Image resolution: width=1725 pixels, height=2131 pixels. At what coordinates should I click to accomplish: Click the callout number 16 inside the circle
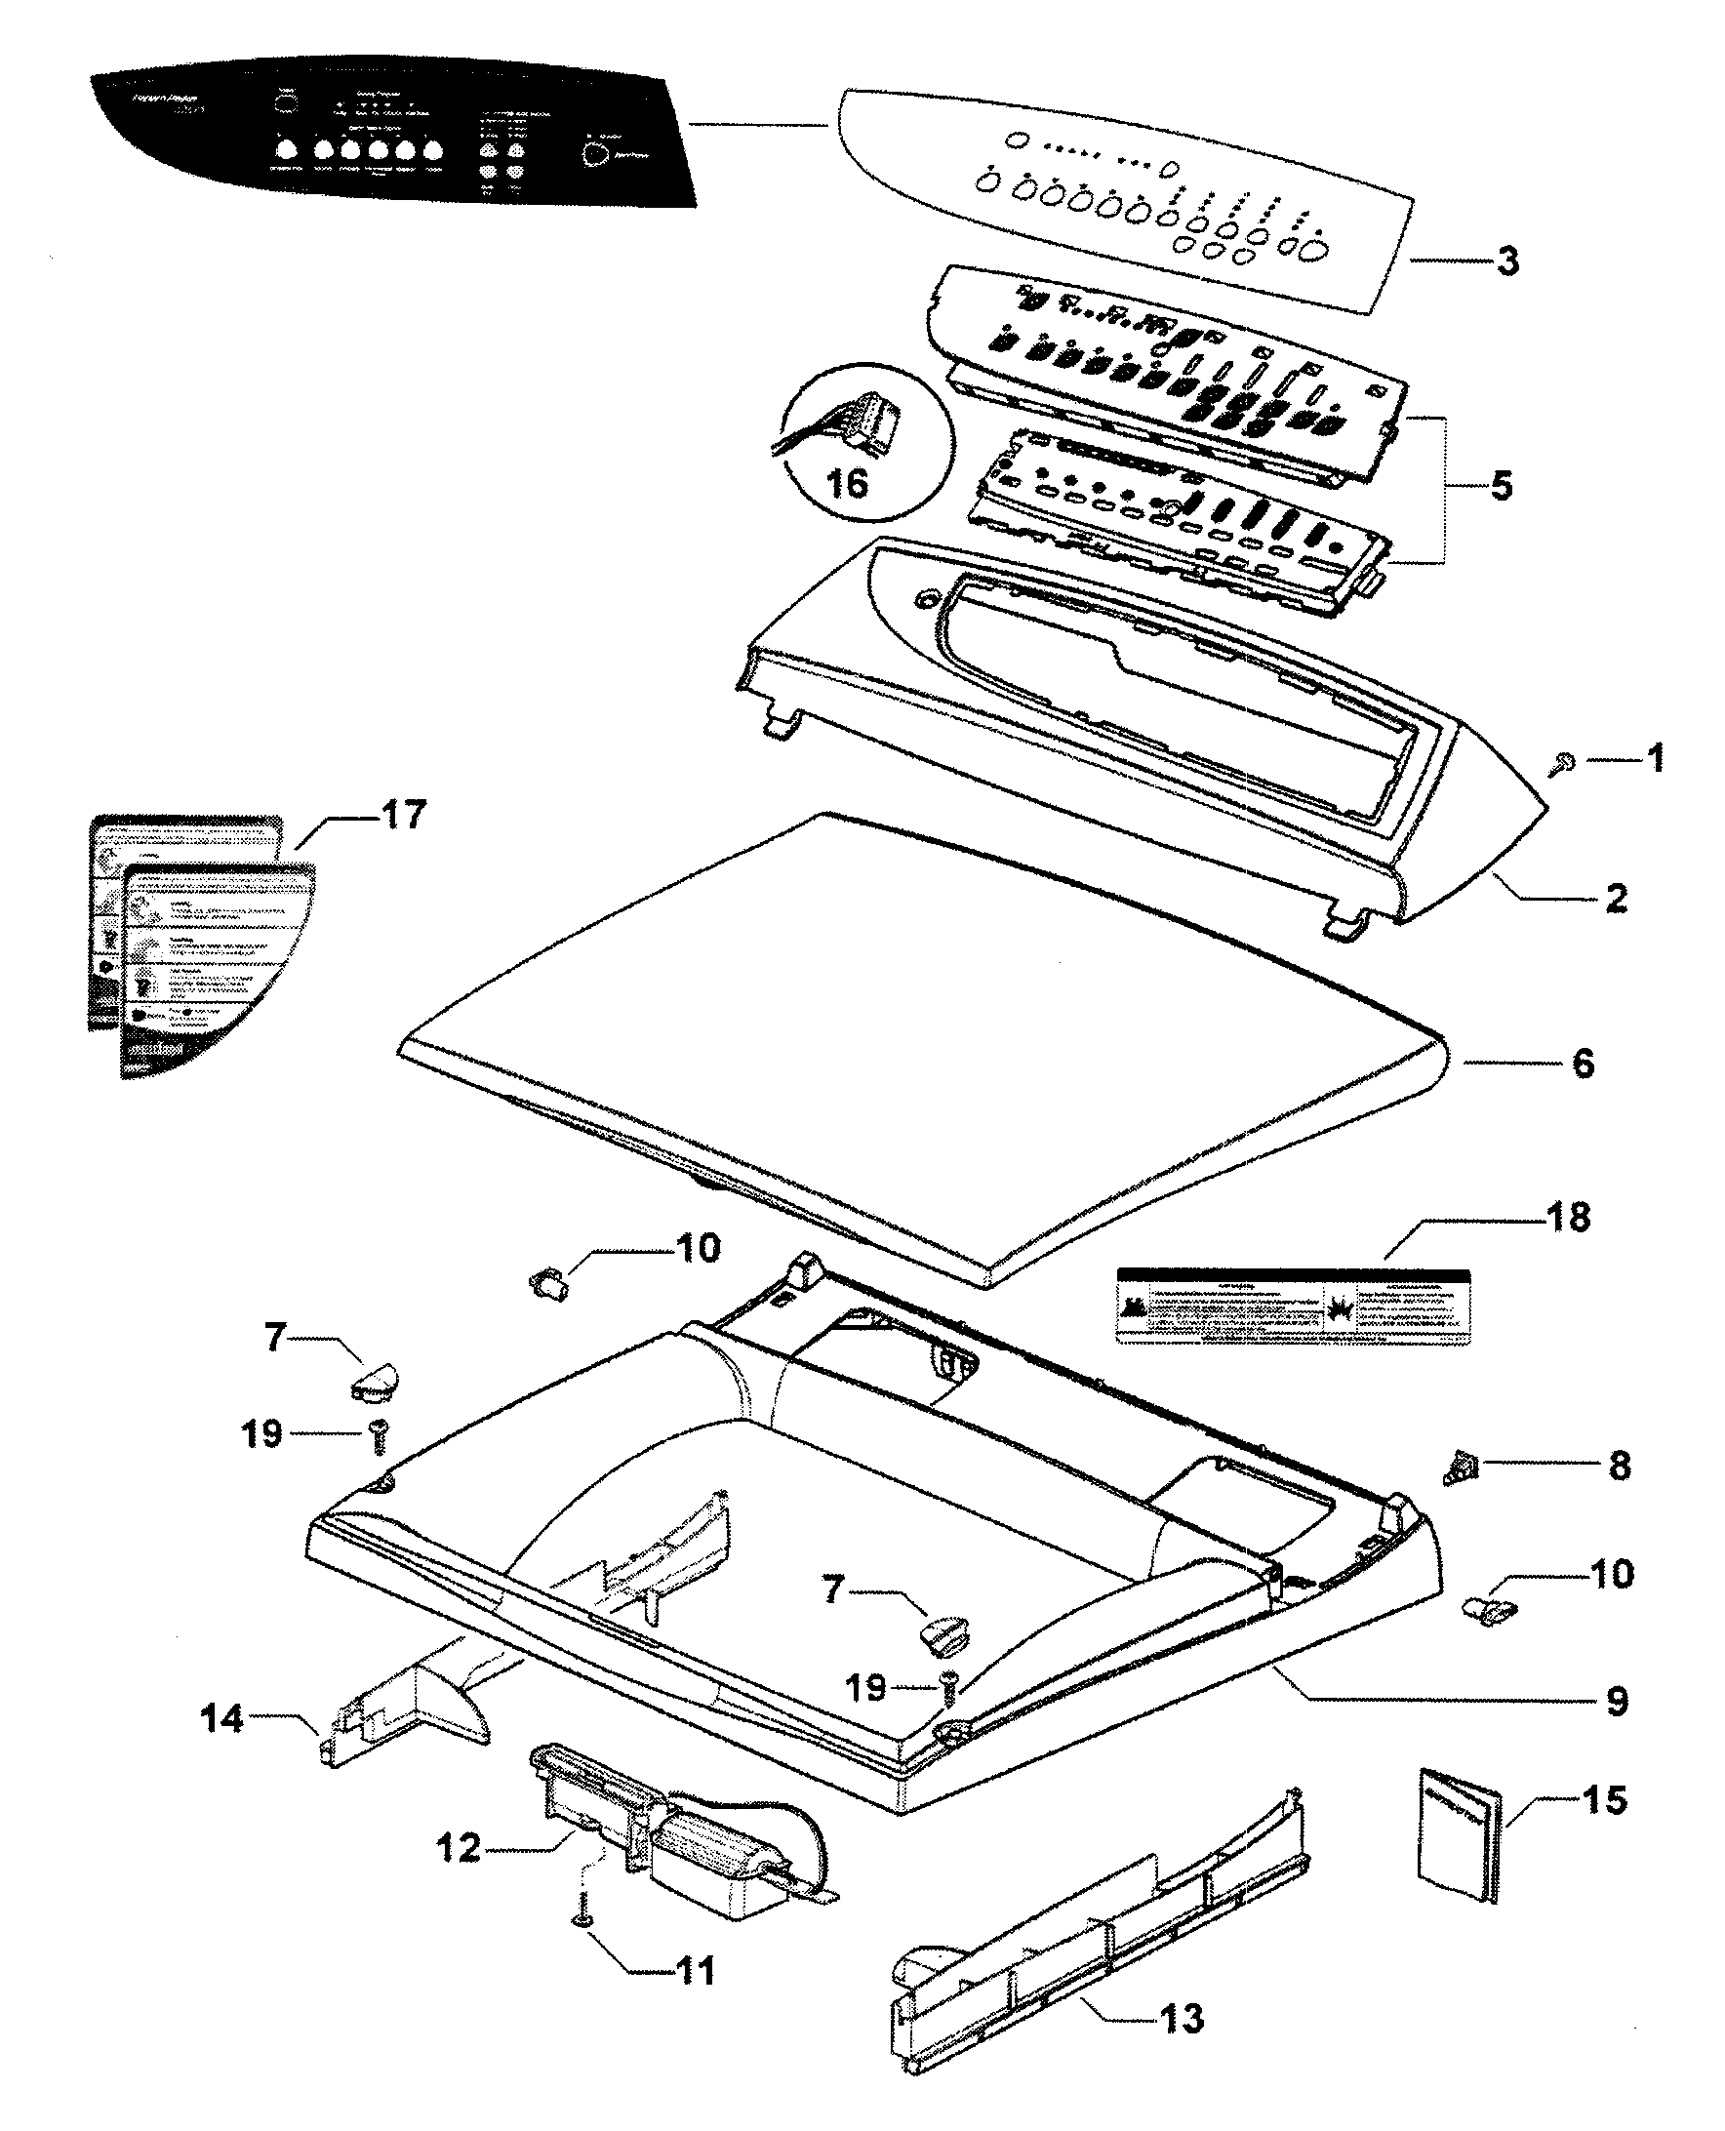tap(848, 485)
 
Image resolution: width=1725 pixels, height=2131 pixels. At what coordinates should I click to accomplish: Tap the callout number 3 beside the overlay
tap(1507, 261)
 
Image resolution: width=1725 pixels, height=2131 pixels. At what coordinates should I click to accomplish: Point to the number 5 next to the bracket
tap(1502, 486)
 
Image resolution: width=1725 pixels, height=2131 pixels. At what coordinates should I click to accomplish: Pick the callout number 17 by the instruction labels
tap(402, 815)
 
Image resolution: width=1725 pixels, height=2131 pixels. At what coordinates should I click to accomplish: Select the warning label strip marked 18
tap(1293, 1306)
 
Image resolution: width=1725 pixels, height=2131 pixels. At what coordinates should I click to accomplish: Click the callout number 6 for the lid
tap(1583, 1063)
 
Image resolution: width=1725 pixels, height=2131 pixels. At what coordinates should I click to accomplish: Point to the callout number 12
tap(460, 1848)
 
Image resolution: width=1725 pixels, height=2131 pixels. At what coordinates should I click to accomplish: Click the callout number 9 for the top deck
tap(1617, 1701)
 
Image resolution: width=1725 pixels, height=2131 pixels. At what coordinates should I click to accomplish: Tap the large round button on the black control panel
tap(595, 155)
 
